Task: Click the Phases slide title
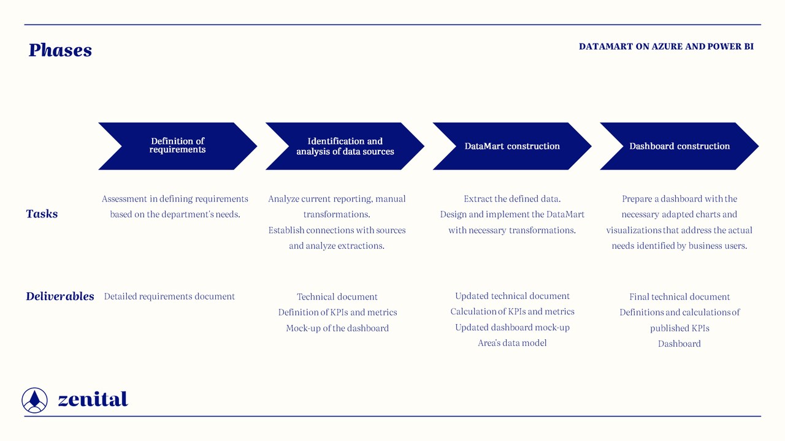point(60,50)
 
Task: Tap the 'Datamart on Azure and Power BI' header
point(666,47)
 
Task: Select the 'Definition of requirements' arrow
point(177,146)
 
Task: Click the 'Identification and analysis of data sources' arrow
point(345,146)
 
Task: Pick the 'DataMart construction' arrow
point(512,146)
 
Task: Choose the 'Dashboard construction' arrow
point(680,146)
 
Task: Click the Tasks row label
point(42,214)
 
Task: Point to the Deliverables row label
point(60,296)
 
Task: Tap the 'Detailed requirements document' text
point(169,296)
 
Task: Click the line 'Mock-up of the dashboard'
point(337,328)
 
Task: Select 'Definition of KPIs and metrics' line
point(337,312)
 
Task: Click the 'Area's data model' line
point(512,343)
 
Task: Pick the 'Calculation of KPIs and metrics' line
point(512,312)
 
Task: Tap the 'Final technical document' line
point(680,297)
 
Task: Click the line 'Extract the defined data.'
point(512,199)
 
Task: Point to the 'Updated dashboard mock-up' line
point(512,328)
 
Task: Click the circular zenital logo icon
point(34,400)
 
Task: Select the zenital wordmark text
point(93,399)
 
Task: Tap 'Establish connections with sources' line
point(337,230)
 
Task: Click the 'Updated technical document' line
point(512,296)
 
